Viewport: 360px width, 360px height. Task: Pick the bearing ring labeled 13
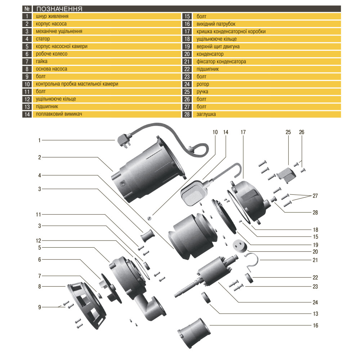click(x=207, y=298)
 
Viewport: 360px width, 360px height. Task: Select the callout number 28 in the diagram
click(x=315, y=212)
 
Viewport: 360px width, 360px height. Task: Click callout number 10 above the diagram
click(x=215, y=132)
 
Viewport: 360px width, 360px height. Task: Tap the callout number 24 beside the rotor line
click(x=315, y=302)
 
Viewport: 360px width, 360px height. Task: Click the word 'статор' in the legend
click(x=43, y=39)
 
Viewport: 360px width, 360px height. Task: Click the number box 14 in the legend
click(x=27, y=114)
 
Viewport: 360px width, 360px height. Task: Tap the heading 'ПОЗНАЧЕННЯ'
click(x=59, y=9)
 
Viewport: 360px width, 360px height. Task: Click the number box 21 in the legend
click(x=187, y=62)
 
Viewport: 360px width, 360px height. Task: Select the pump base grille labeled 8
click(x=86, y=304)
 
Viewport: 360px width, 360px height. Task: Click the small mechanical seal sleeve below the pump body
click(x=147, y=238)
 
